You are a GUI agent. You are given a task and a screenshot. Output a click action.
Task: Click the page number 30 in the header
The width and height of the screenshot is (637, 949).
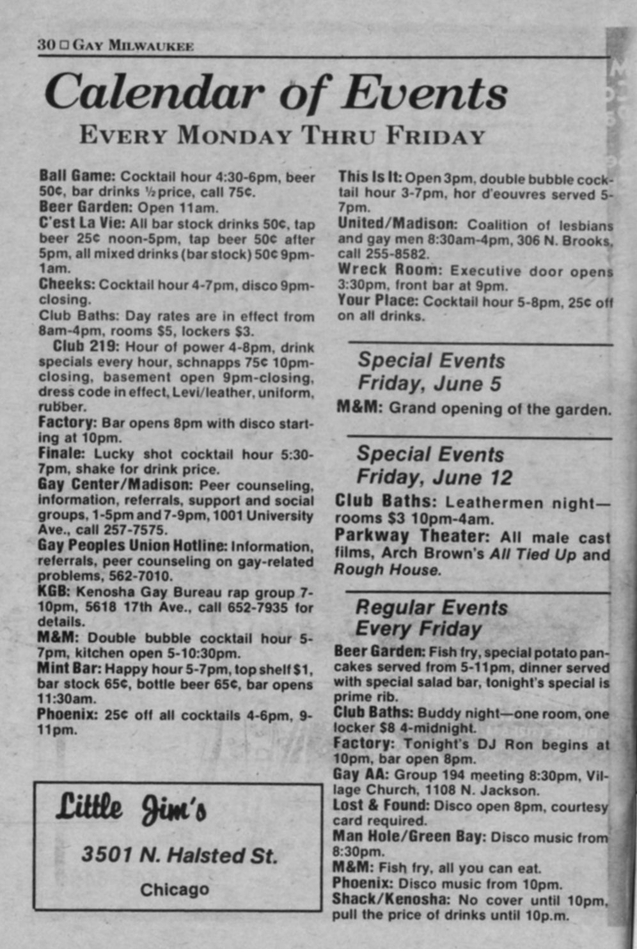point(46,45)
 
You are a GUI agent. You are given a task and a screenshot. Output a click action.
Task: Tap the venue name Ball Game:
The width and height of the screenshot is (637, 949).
point(77,175)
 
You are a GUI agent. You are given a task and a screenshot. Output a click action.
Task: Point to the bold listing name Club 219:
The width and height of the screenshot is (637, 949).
point(86,347)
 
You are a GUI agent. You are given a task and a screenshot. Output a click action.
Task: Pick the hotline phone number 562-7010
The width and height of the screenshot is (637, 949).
point(114,576)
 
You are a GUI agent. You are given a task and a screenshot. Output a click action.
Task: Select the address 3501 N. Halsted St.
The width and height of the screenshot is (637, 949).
point(179,855)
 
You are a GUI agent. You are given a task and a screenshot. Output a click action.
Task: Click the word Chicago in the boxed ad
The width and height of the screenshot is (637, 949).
point(175,890)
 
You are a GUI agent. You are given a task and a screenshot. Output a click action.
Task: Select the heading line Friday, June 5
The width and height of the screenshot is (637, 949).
point(429,384)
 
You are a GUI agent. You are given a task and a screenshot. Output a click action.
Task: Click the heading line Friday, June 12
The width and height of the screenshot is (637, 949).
point(434,477)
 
